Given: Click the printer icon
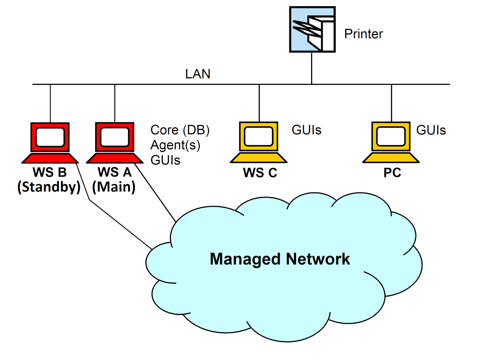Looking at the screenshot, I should pyautogui.click(x=312, y=29).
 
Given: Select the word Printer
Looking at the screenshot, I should pyautogui.click(x=363, y=34).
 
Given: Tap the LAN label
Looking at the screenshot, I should pyautogui.click(x=198, y=74).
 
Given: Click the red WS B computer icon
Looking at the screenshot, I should pyautogui.click(x=50, y=142).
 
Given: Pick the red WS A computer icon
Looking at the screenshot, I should pyautogui.click(x=114, y=142).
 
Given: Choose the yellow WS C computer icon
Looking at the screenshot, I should pyautogui.click(x=259, y=142).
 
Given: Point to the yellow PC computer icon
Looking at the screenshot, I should pyautogui.click(x=391, y=142).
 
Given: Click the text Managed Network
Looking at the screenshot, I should pyautogui.click(x=280, y=259).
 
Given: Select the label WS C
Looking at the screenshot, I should pyautogui.click(x=260, y=173).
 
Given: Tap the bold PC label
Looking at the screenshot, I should pyautogui.click(x=392, y=173).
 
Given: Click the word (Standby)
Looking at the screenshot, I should pyautogui.click(x=49, y=187).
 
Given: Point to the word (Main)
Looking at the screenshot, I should pyautogui.click(x=114, y=187).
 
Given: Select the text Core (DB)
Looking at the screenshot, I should pyautogui.click(x=180, y=130).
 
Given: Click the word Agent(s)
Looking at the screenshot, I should pyautogui.click(x=175, y=145).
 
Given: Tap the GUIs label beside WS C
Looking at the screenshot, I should pyautogui.click(x=306, y=130).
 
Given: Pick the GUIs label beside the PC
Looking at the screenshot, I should pyautogui.click(x=431, y=130).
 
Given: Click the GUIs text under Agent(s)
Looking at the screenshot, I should pyautogui.click(x=165, y=160).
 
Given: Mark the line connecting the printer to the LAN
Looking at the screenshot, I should pyautogui.click(x=312, y=68).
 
